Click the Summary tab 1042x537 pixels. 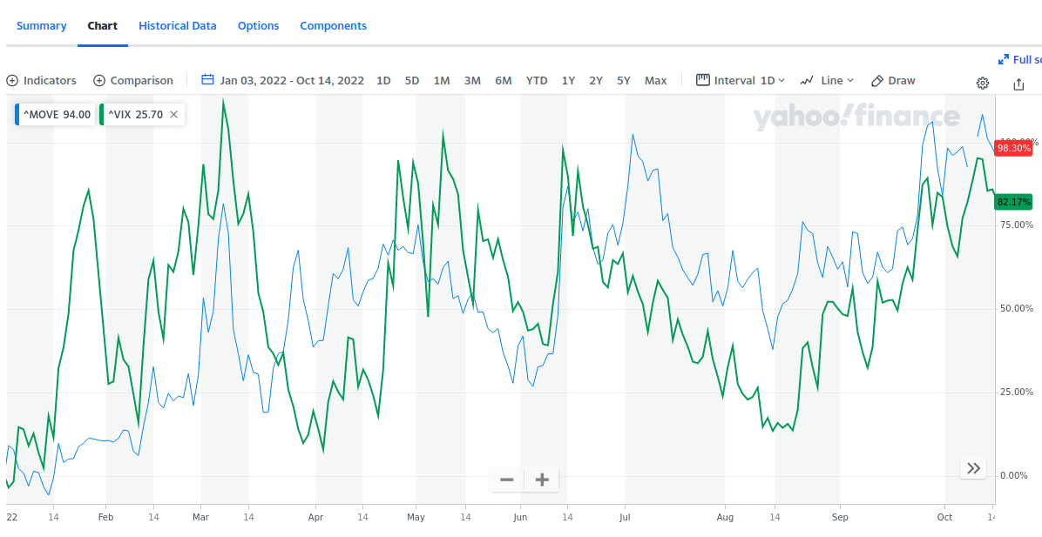(x=41, y=26)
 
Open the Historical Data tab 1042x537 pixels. (x=177, y=26)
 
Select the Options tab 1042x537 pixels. (x=258, y=26)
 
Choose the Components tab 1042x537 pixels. (x=333, y=26)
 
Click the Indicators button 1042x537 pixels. (x=42, y=81)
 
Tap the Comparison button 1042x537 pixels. (x=133, y=81)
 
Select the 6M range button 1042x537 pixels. (x=503, y=81)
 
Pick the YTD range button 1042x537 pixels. (x=537, y=81)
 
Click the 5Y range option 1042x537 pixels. (x=624, y=81)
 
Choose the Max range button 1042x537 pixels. (x=655, y=81)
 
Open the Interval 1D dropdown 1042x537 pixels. (x=741, y=81)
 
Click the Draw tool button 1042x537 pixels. (x=893, y=81)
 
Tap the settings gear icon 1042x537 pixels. (x=983, y=84)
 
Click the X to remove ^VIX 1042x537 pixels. (x=173, y=114)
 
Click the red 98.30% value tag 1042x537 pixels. (x=1013, y=148)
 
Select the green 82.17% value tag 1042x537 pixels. (x=1013, y=202)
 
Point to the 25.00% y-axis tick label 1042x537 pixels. (x=1016, y=392)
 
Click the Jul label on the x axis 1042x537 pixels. (x=624, y=517)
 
